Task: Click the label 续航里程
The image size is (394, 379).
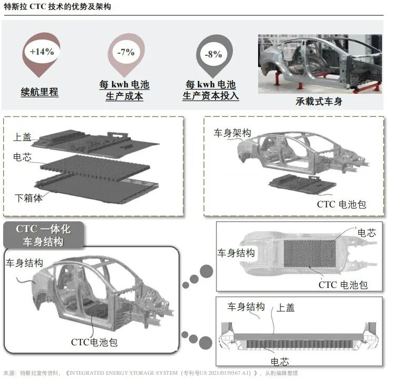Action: click(40, 92)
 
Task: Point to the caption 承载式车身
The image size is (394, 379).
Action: click(319, 101)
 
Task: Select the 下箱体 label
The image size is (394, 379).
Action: click(28, 198)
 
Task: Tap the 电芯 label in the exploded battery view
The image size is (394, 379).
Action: click(23, 157)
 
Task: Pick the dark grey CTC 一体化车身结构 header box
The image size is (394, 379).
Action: click(43, 235)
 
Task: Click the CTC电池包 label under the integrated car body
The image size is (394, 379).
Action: click(94, 342)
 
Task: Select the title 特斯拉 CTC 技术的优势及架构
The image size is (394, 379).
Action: click(57, 7)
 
